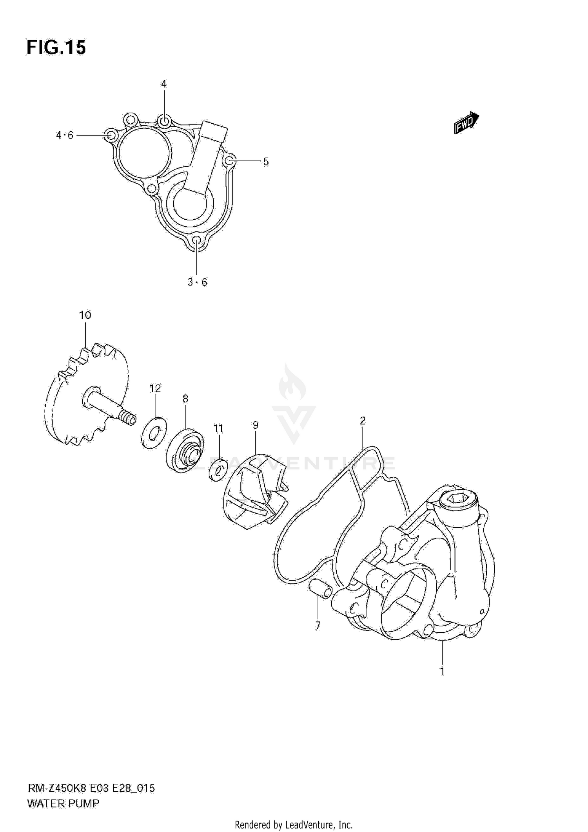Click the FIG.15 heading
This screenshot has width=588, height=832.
56,48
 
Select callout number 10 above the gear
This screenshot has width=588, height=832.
85,315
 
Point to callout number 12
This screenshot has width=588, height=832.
155,388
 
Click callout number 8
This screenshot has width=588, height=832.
185,399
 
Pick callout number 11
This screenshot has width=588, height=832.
218,429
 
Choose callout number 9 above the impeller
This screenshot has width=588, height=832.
256,425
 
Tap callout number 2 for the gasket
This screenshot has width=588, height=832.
363,421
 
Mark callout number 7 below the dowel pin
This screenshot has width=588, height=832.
318,626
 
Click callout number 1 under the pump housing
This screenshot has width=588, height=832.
442,671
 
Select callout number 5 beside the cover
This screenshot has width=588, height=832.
266,161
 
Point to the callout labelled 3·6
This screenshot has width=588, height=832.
197,282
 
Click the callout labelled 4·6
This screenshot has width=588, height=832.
65,135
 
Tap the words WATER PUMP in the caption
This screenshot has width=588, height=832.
63,804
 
